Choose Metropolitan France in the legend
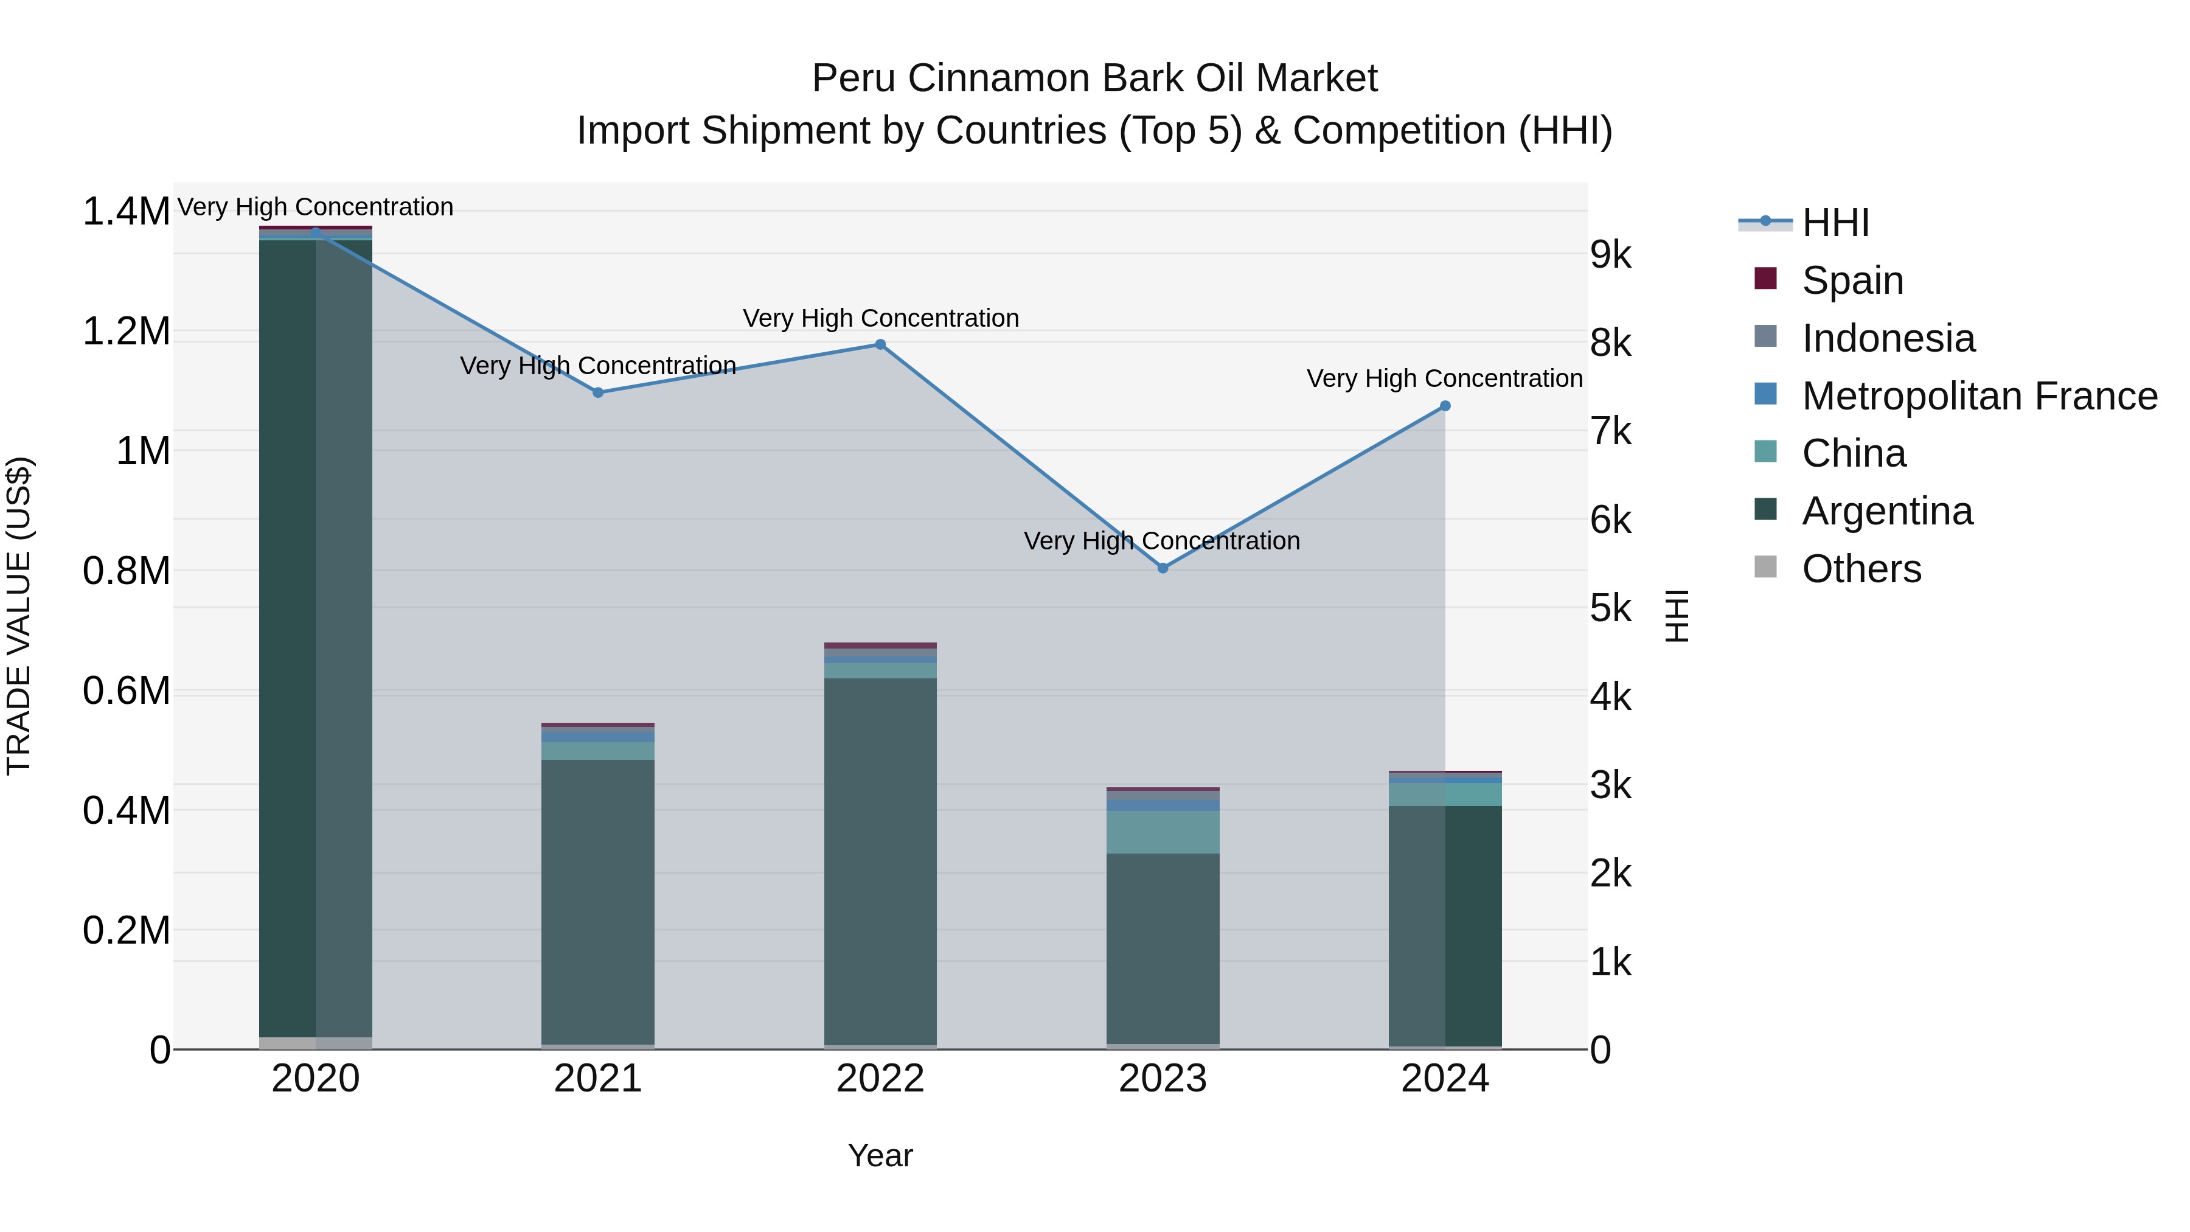(1979, 396)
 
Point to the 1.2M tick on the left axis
(127, 332)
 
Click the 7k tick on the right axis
(1610, 432)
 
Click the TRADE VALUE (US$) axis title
(19, 616)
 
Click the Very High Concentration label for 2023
(1161, 541)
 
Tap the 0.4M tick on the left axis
(127, 811)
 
